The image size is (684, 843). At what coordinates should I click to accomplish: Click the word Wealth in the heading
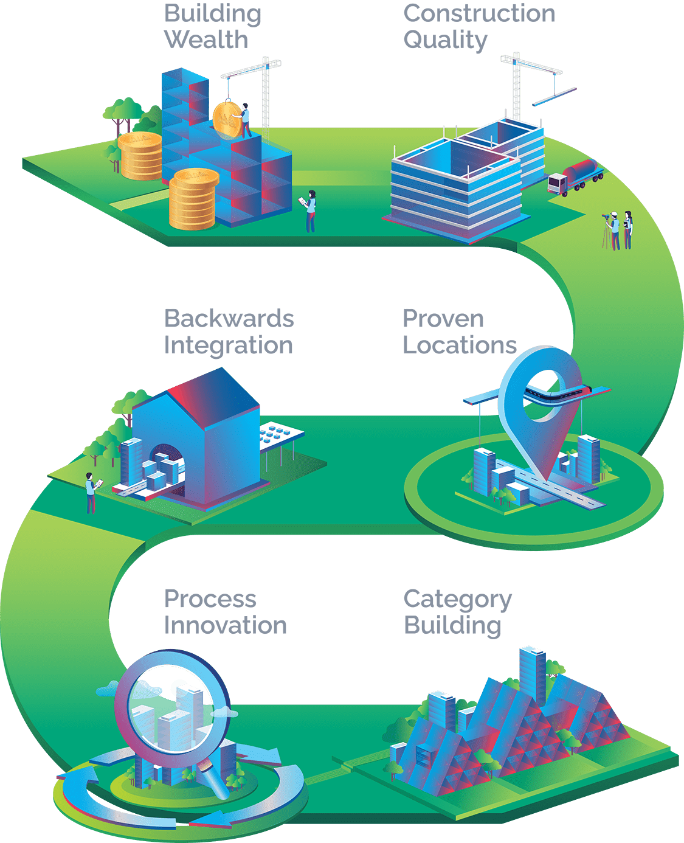tap(206, 40)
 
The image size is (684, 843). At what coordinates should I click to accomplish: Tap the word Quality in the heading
tap(445, 40)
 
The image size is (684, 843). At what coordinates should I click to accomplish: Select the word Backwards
tap(229, 319)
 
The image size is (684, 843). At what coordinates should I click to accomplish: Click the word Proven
tap(443, 319)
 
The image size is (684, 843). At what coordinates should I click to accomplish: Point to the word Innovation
tap(226, 625)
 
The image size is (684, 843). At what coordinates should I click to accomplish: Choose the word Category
tap(457, 600)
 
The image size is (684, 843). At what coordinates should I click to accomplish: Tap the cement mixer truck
tap(575, 176)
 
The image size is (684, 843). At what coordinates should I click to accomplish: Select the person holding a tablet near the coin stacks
tap(310, 210)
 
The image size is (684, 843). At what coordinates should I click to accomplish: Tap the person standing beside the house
tap(91, 493)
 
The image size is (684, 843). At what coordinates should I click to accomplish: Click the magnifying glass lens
tap(172, 708)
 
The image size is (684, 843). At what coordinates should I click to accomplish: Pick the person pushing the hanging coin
tap(246, 119)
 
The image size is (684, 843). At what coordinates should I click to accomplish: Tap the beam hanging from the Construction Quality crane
tap(554, 96)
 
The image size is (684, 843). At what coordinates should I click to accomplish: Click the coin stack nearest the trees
tap(140, 156)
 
